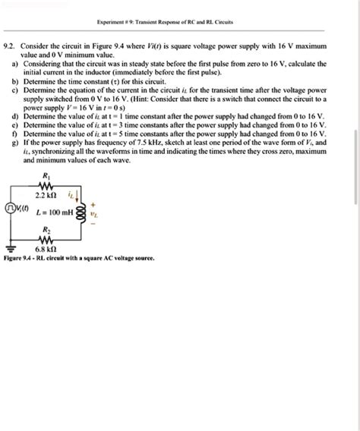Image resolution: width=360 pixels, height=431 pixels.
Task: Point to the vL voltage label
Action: pyautogui.click(x=94, y=213)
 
